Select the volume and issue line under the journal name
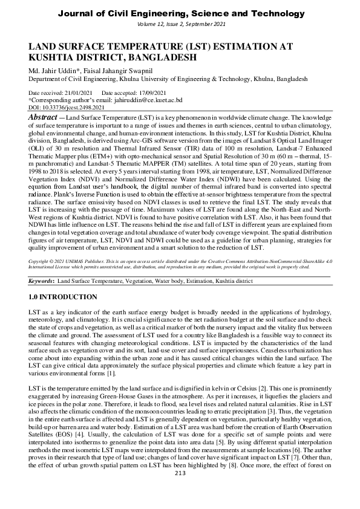(180, 25)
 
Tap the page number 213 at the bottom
(180, 490)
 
